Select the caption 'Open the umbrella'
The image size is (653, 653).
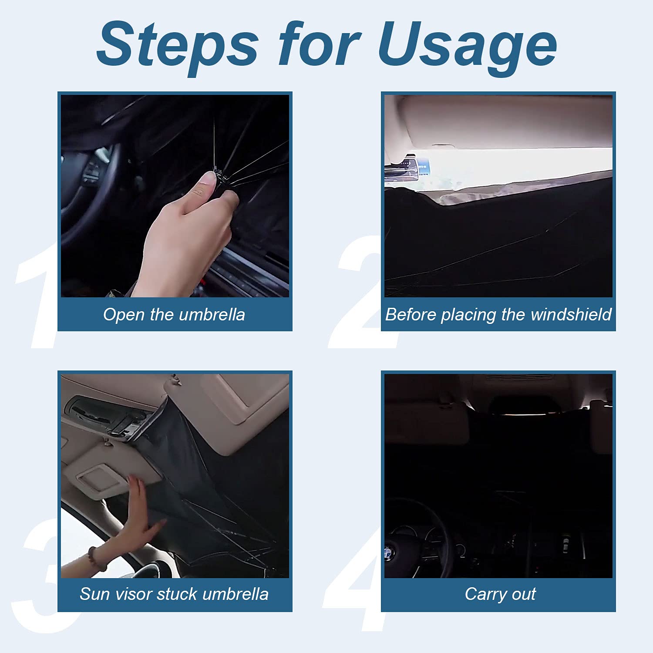(174, 314)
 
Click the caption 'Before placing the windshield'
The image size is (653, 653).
(498, 314)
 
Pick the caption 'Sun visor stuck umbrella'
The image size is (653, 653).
(174, 594)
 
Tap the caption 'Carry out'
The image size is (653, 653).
(500, 594)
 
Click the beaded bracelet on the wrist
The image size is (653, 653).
(97, 559)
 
